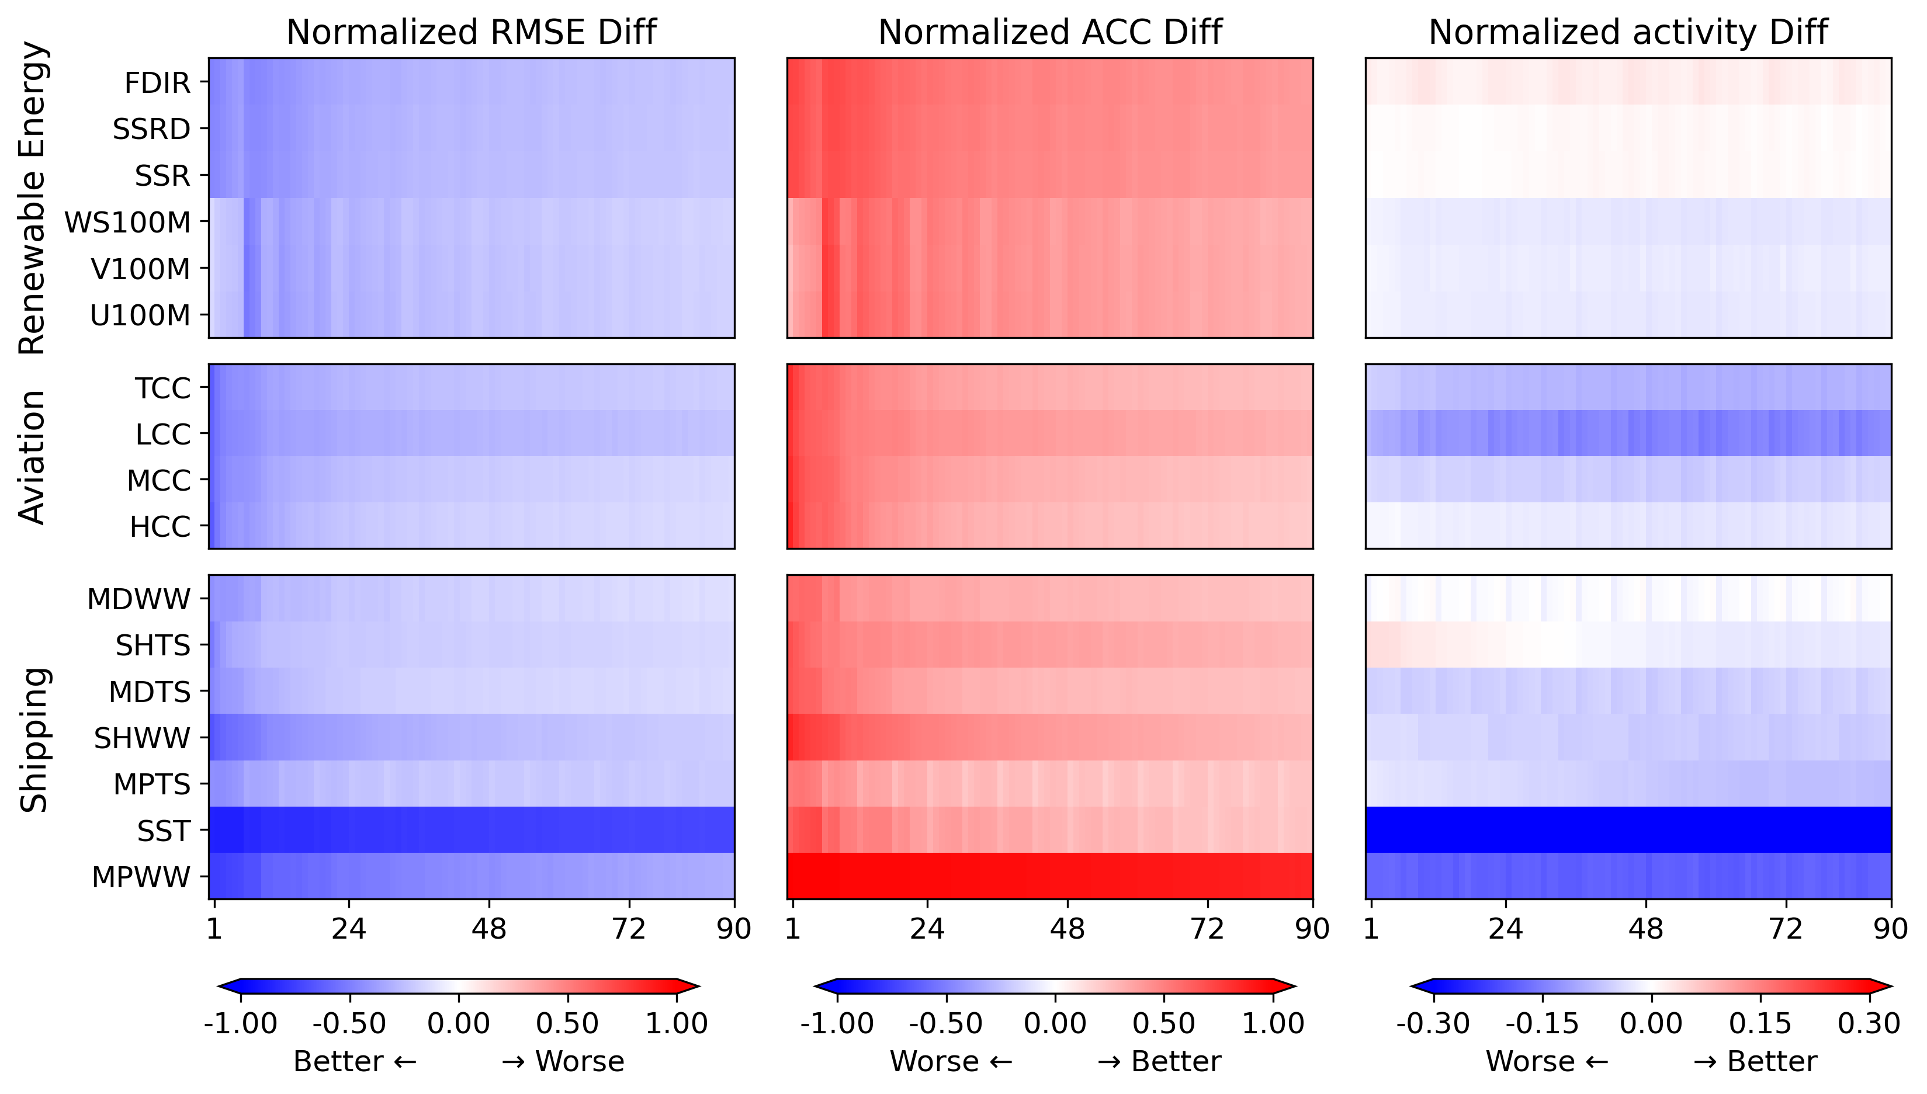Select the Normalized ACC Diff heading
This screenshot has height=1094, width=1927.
(1050, 32)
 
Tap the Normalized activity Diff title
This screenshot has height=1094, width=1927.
(1628, 32)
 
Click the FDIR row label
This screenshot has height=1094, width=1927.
(157, 83)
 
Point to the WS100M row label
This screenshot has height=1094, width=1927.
(127, 223)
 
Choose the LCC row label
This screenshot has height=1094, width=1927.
(162, 435)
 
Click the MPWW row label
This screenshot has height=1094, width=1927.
(141, 877)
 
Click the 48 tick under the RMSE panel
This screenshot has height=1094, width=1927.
(488, 929)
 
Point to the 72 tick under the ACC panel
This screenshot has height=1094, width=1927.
(1207, 929)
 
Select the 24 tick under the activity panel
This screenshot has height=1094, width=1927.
(1505, 929)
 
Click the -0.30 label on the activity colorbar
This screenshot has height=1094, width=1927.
(1433, 1023)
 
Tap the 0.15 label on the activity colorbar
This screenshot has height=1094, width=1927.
(1760, 1023)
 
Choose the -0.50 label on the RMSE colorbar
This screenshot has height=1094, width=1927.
(349, 1023)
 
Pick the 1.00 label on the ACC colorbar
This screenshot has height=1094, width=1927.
(1273, 1023)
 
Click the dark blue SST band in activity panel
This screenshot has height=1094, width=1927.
(1628, 829)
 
